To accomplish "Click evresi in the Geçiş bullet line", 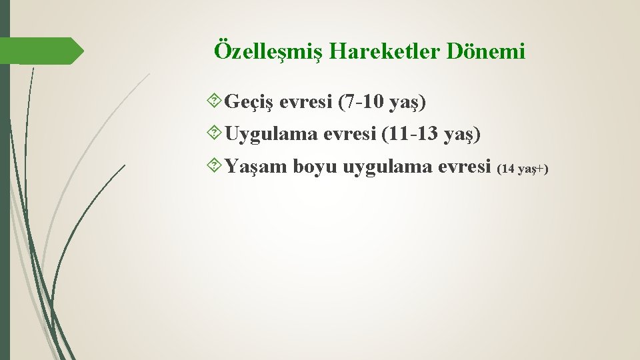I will pos(306,103).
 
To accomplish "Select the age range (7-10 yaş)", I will pos(382,103).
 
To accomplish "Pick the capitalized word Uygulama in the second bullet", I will pos(271,135).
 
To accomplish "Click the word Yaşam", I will pos(256,167).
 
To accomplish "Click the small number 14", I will pos(508,169).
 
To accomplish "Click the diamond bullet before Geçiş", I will pos(215,103).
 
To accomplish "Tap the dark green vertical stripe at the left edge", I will pos(5,200).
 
